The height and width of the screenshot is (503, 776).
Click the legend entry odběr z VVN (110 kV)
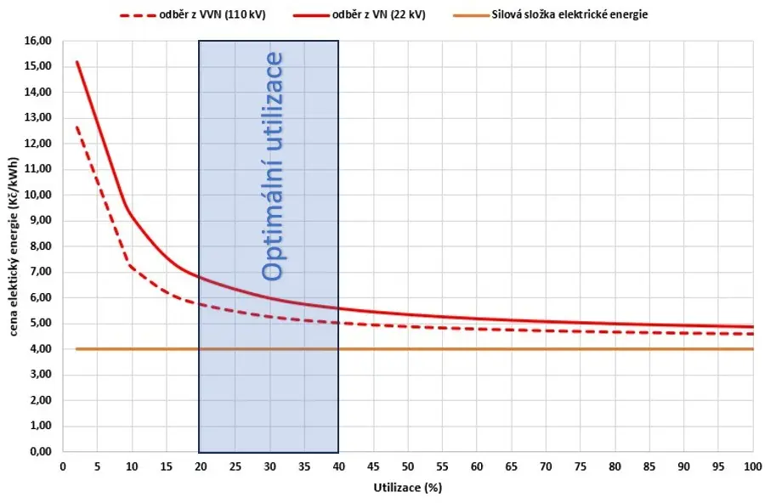(193, 14)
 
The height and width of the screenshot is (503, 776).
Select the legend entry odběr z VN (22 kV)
(360, 14)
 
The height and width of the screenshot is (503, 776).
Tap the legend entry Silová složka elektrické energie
(550, 14)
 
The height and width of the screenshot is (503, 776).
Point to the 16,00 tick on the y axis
(38, 41)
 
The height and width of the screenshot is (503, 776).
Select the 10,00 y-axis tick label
(38, 195)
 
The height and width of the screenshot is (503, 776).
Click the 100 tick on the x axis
(753, 466)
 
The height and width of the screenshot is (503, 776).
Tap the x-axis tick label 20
(201, 466)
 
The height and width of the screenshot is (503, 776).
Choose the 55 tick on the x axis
(442, 466)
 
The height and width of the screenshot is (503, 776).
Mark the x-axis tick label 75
(580, 466)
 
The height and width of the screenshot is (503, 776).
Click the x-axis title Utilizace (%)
(407, 488)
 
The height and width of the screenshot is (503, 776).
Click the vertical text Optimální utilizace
(272, 167)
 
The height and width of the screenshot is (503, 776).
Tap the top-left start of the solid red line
(76, 62)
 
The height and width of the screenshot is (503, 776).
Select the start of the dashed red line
(76, 127)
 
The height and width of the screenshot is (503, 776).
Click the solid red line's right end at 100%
(753, 327)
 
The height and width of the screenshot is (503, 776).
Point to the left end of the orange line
(76, 349)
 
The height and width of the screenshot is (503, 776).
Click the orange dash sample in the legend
(471, 15)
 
